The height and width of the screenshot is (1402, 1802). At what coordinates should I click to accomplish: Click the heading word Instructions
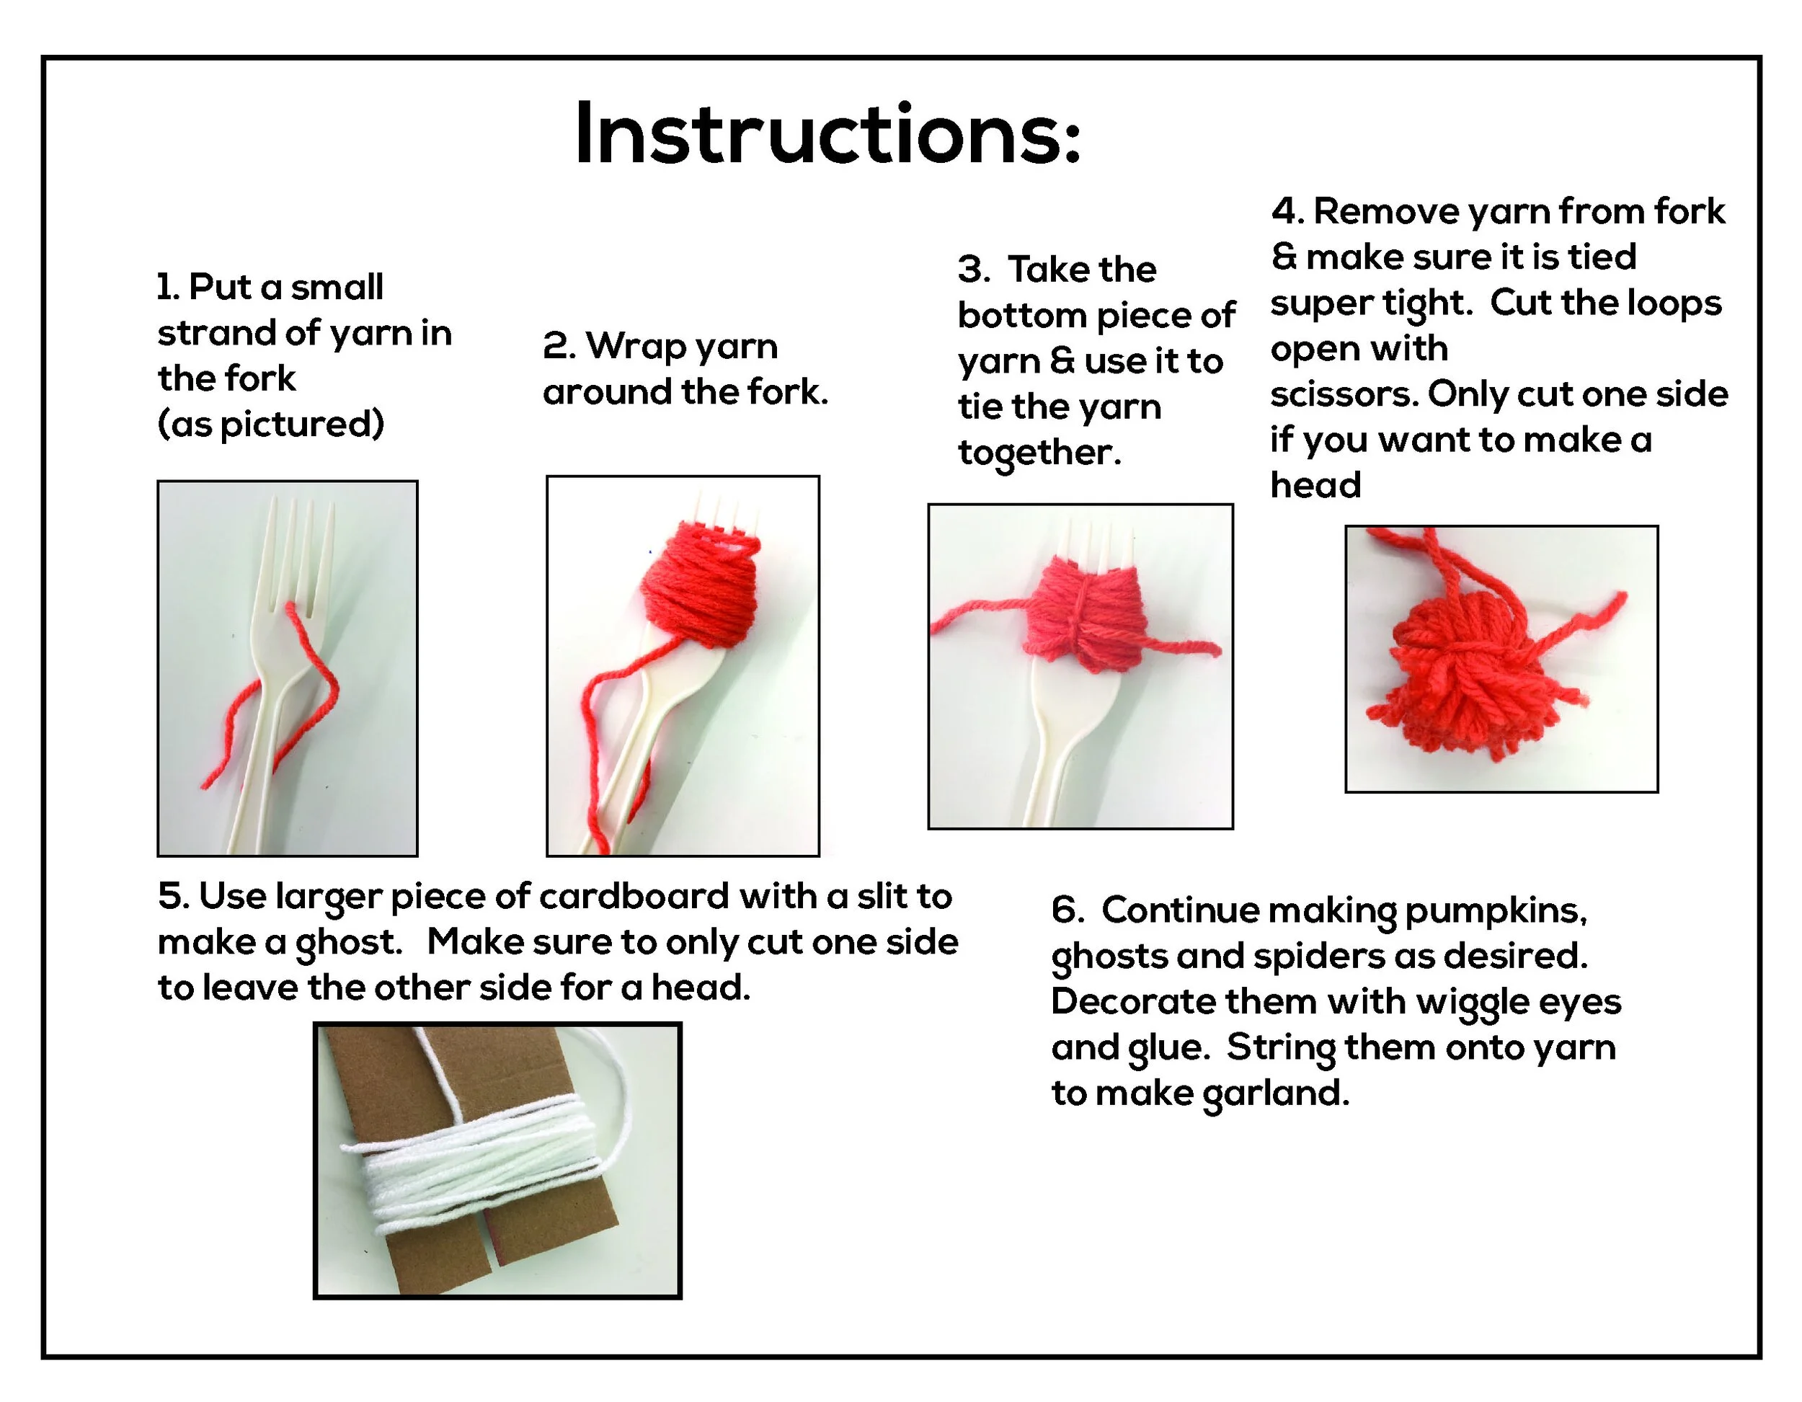[x=827, y=133]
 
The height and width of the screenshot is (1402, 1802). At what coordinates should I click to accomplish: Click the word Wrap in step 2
[x=633, y=347]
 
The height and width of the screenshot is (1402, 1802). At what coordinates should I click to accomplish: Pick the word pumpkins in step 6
[x=1496, y=912]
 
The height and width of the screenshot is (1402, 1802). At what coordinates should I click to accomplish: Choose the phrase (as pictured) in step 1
[x=270, y=424]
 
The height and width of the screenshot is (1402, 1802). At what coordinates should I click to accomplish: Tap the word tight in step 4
[x=1427, y=303]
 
